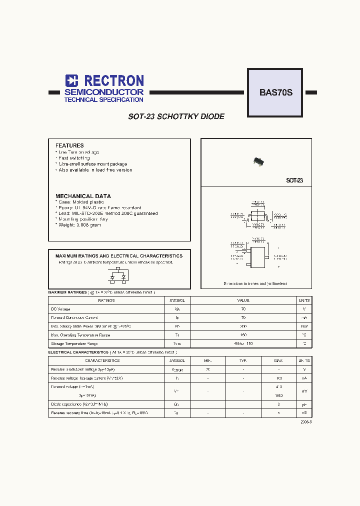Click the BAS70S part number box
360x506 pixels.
pyautogui.click(x=275, y=92)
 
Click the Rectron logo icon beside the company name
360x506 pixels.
pyautogui.click(x=72, y=81)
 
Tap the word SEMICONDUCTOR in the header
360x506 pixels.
pyautogui.click(x=103, y=92)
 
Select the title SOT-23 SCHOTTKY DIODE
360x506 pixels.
pyautogui.click(x=176, y=116)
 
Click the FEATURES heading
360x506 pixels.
pyautogui.click(x=69, y=145)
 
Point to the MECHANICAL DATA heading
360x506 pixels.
pyautogui.click(x=83, y=196)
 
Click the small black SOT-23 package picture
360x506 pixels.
pyautogui.click(x=257, y=161)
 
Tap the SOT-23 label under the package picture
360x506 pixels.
pyautogui.click(x=294, y=180)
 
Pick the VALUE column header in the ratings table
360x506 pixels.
pyautogui.click(x=243, y=300)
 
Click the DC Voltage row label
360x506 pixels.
pyautogui.click(x=61, y=309)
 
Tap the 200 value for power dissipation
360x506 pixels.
pyautogui.click(x=243, y=326)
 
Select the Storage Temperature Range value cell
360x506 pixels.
pyautogui.click(x=243, y=343)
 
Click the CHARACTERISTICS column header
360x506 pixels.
pyautogui.click(x=102, y=360)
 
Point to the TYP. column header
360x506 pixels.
pyautogui.click(x=243, y=360)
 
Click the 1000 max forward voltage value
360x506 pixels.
pyautogui.click(x=278, y=395)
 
